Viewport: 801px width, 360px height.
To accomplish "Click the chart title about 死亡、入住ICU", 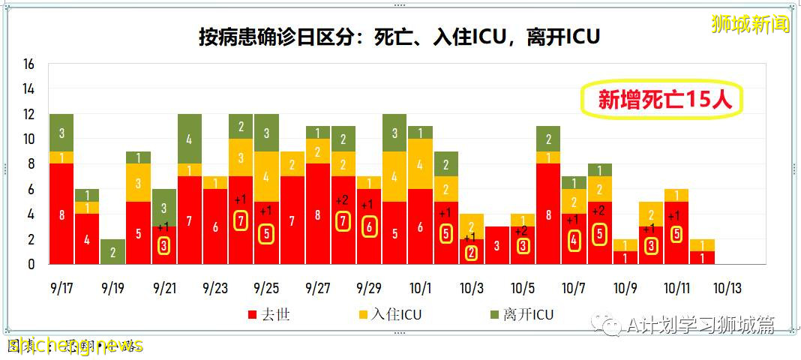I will click(x=399, y=36).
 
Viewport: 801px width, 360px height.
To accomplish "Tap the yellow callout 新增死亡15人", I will click(x=662, y=100).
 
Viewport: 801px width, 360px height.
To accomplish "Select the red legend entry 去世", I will click(x=268, y=315).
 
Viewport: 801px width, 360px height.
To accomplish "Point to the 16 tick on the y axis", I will click(x=29, y=64).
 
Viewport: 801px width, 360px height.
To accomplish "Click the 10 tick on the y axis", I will click(x=29, y=139).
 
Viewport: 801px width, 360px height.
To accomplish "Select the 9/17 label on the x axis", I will click(x=61, y=289).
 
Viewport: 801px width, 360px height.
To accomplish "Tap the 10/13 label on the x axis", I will click(x=727, y=289).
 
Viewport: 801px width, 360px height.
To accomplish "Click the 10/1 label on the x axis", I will click(x=421, y=289).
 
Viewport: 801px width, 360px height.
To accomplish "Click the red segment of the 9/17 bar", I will click(x=61, y=214).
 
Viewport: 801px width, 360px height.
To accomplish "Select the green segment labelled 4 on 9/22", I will click(x=190, y=139).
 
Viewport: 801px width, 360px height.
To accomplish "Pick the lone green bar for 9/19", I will click(x=113, y=251).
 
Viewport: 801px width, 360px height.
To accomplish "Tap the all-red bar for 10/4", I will click(x=497, y=245).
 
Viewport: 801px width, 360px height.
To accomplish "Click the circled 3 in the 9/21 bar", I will click(x=164, y=245).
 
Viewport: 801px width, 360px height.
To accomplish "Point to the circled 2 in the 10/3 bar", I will click(x=472, y=253).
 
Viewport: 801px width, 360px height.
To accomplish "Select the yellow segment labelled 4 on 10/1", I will click(x=421, y=163).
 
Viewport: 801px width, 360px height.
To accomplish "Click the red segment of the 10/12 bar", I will click(x=703, y=257).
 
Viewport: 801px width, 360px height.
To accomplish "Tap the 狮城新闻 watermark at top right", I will click(x=750, y=24).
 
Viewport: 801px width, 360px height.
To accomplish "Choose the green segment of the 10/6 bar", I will click(x=549, y=139).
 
